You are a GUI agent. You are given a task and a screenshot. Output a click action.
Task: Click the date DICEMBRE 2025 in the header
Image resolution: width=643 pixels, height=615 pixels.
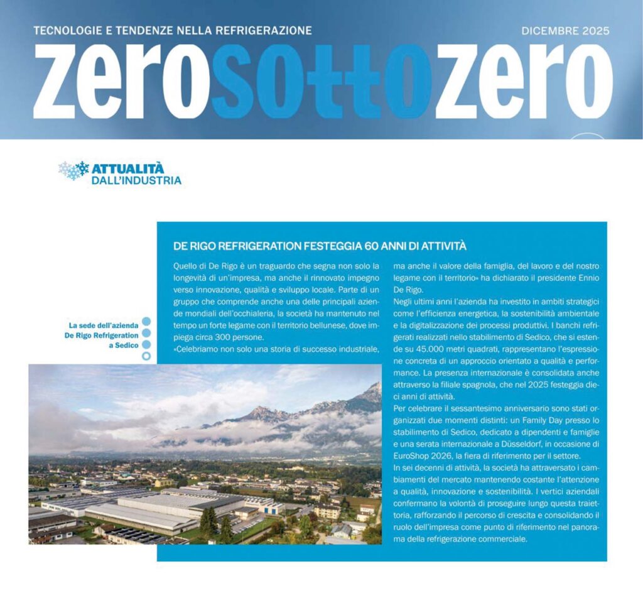[x=565, y=30]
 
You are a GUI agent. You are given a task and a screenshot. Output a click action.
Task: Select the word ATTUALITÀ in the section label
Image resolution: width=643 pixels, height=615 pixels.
[x=127, y=168]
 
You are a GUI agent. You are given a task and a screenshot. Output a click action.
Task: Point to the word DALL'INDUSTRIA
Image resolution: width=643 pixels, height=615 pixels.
[x=136, y=181]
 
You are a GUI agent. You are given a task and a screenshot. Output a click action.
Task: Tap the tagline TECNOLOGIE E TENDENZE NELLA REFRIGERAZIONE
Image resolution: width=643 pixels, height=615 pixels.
[x=172, y=30]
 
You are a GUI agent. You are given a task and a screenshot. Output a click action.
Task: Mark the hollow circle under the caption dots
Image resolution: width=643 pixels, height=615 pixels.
[x=146, y=357]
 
